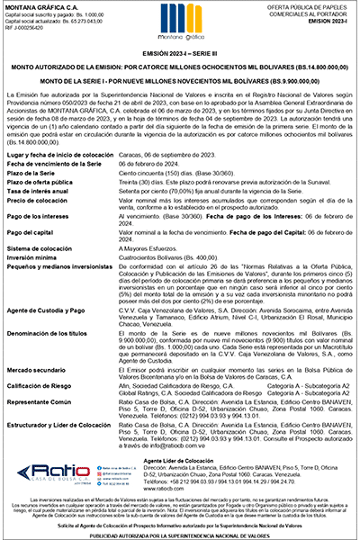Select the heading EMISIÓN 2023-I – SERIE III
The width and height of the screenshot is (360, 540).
pyautogui.click(x=180, y=57)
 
